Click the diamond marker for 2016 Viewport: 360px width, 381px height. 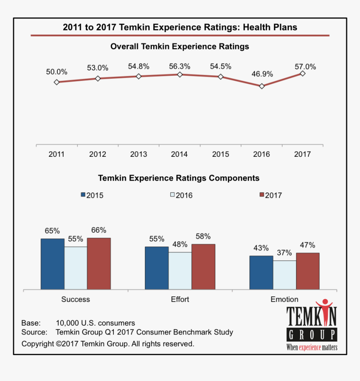click(x=262, y=86)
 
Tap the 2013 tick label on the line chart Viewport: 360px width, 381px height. click(x=139, y=154)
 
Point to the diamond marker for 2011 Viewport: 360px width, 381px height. click(x=57, y=82)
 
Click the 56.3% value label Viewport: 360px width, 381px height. click(x=180, y=67)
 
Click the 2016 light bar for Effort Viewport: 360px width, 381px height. click(x=180, y=270)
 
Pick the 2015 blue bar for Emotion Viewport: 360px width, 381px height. click(x=261, y=272)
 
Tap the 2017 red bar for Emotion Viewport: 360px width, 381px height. click(x=308, y=271)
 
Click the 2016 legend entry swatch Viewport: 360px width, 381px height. click(x=172, y=195)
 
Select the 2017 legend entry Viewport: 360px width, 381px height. click(x=270, y=195)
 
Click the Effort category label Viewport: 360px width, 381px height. click(x=180, y=299)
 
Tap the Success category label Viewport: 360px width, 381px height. click(x=75, y=299)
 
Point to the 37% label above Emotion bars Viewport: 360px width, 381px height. click(x=284, y=253)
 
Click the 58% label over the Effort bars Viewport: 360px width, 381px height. click(x=203, y=236)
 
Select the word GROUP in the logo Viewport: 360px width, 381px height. click(x=312, y=335)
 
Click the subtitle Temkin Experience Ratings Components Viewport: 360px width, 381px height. click(x=179, y=178)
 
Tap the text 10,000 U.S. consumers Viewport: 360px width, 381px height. click(x=95, y=323)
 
